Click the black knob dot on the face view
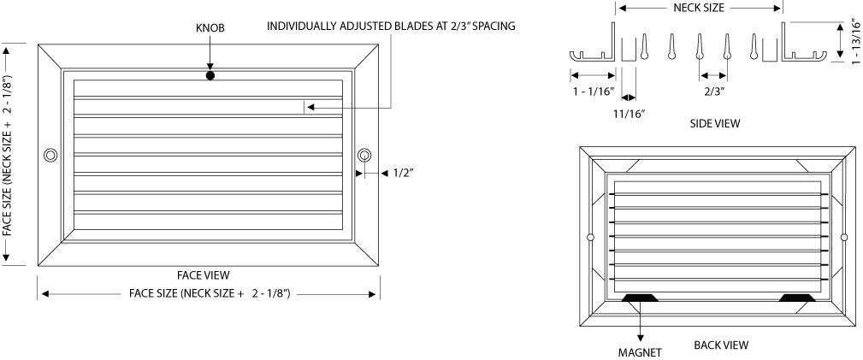(210, 75)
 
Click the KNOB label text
(210, 27)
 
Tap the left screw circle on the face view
(50, 156)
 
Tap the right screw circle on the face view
(364, 156)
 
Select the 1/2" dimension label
(404, 173)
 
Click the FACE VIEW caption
(203, 274)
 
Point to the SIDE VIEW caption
(715, 124)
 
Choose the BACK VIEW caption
(721, 345)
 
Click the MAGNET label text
(640, 352)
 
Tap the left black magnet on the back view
(640, 298)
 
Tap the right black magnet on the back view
(797, 298)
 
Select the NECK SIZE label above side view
(699, 8)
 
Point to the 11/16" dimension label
(630, 114)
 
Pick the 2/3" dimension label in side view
(714, 91)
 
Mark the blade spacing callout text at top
(392, 26)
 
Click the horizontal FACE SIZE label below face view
(210, 293)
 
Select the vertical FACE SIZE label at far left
(7, 154)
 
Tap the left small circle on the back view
(590, 237)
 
